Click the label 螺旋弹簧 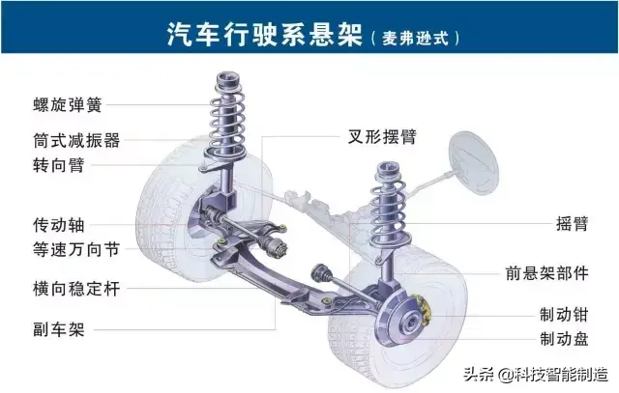click(x=68, y=105)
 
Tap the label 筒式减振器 click(x=76, y=140)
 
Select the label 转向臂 click(x=58, y=165)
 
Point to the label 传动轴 click(x=58, y=225)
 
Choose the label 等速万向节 click(x=76, y=249)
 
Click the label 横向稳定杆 click(x=76, y=289)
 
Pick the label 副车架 click(x=58, y=329)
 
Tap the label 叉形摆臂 click(x=382, y=137)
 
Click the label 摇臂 click(x=572, y=223)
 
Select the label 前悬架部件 click(x=546, y=273)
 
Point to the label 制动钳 click(x=564, y=315)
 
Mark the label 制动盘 click(x=564, y=339)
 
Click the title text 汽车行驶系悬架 click(x=264, y=34)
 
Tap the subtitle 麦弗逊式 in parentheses click(x=415, y=39)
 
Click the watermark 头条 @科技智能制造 click(x=536, y=374)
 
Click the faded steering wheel click(x=474, y=163)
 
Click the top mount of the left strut click(x=228, y=79)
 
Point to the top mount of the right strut click(x=388, y=168)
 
